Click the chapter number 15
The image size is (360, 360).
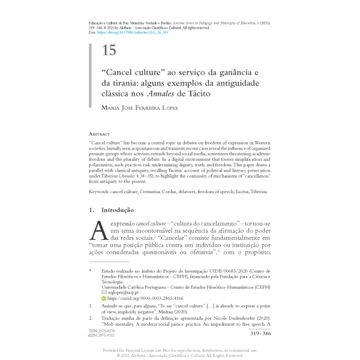110,50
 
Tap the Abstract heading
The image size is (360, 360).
100,136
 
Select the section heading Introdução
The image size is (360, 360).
118,211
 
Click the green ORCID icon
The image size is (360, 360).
103,298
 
